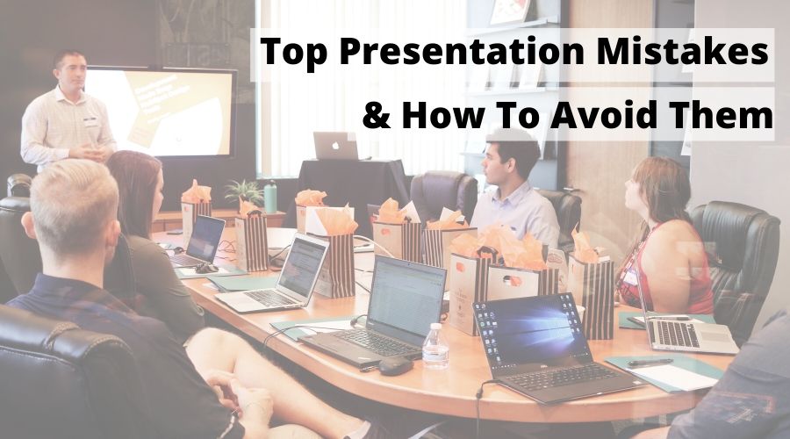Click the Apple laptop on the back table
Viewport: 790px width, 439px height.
pyautogui.click(x=335, y=146)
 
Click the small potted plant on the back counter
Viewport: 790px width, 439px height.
pyautogui.click(x=245, y=192)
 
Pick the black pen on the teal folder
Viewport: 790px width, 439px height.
pyautogui.click(x=650, y=362)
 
